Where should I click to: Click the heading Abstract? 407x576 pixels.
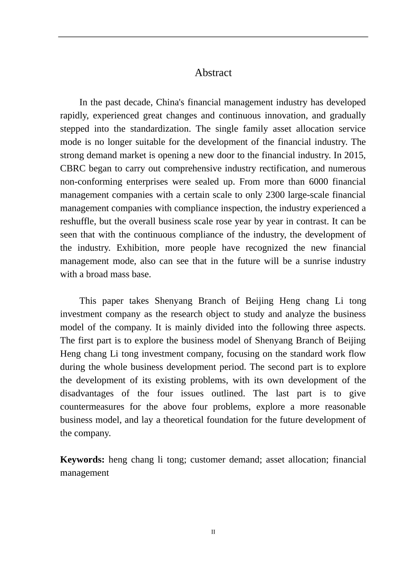[x=213, y=73]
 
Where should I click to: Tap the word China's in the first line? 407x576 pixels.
[x=170, y=102]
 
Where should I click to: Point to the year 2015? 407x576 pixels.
[x=355, y=155]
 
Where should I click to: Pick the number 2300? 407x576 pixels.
[x=275, y=195]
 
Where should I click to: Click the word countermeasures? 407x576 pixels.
[x=92, y=407]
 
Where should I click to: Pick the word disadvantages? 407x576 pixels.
[x=87, y=393]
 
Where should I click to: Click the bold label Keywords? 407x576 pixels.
[x=82, y=460]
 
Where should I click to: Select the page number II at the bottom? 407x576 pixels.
[x=213, y=532]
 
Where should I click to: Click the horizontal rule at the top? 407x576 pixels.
[x=213, y=37]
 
